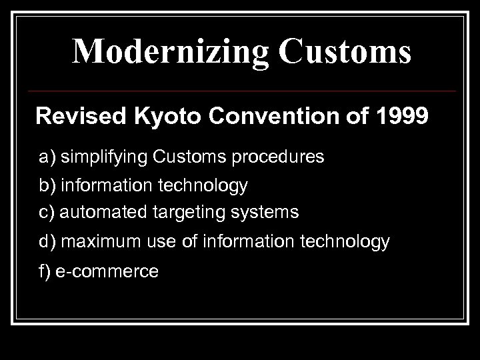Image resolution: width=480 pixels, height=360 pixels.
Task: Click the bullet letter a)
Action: (47, 157)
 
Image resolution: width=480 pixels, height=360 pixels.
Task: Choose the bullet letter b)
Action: (47, 185)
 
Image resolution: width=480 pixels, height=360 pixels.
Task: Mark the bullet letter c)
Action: (47, 213)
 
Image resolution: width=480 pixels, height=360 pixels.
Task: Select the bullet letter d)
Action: (47, 242)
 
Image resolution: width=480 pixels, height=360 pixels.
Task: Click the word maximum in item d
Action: (97, 242)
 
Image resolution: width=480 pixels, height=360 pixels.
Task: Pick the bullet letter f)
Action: (45, 271)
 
